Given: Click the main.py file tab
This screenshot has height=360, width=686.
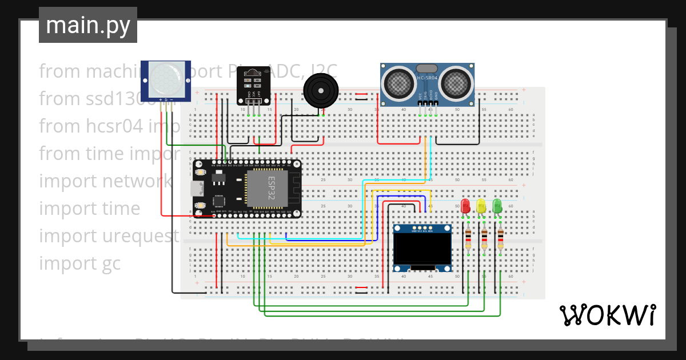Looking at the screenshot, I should click(88, 25).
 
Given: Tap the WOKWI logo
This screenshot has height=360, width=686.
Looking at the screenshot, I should click(607, 315).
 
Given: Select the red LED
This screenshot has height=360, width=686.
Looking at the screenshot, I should click(465, 206).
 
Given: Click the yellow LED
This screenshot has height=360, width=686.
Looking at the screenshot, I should click(481, 206).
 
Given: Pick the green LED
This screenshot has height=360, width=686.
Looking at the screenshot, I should click(497, 206).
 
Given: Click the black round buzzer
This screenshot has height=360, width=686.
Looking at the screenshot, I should click(321, 90).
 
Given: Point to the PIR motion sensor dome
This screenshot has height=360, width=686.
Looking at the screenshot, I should click(166, 81).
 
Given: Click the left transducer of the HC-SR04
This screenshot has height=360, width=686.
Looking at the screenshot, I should click(398, 83).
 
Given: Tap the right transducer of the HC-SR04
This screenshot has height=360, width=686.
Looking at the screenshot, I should click(456, 83).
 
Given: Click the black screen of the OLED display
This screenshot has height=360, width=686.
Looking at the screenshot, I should click(422, 249).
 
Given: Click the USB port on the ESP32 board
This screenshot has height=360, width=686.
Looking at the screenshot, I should click(196, 189).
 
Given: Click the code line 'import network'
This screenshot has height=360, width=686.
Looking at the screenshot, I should click(105, 181).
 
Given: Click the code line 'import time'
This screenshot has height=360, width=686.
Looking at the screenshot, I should click(89, 209).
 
